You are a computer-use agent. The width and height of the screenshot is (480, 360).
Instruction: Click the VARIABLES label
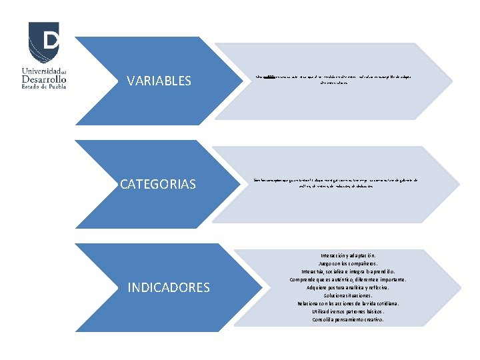[159, 81]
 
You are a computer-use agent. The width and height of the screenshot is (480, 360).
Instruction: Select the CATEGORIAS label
[158, 184]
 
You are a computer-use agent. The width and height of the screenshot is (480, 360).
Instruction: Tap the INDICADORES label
[168, 288]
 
